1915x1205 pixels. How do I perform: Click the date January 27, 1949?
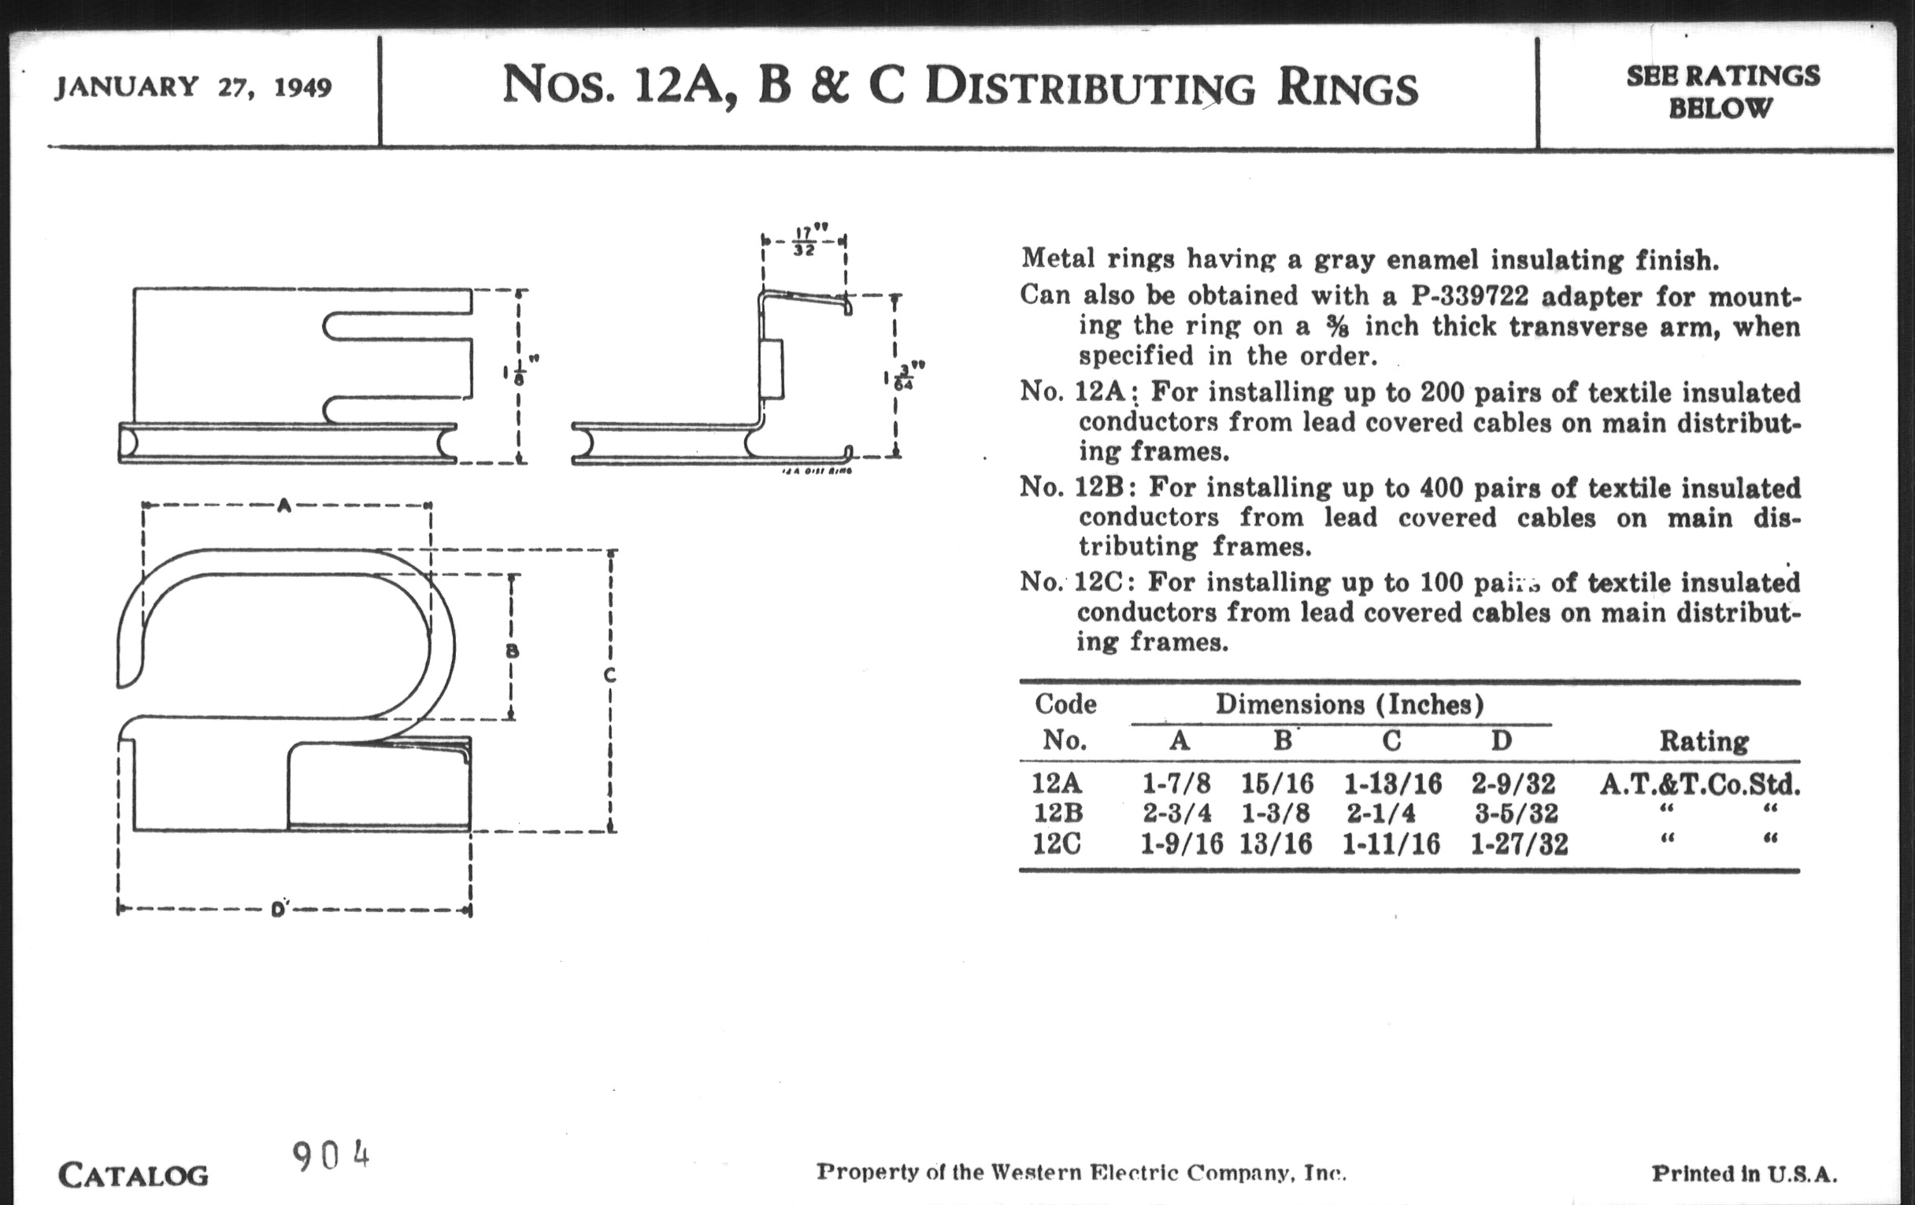pos(193,86)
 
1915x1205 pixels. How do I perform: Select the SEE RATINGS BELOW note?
pos(1722,91)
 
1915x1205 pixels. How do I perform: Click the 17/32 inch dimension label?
pos(804,241)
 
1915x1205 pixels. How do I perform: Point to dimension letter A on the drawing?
pos(284,504)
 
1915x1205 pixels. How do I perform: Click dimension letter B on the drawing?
pos(512,651)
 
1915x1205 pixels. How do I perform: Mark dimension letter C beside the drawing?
pos(609,675)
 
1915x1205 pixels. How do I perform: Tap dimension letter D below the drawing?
pos(278,909)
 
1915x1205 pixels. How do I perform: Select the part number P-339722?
pos(1469,296)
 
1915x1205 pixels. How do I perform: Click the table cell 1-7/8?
pos(1176,784)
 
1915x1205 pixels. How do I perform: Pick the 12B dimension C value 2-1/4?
pos(1380,814)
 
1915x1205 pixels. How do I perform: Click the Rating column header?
pos(1703,741)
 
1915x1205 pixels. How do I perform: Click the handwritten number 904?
pos(331,1156)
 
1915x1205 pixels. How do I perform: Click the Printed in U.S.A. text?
pos(1744,1174)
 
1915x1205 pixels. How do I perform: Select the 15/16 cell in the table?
pos(1277,784)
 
